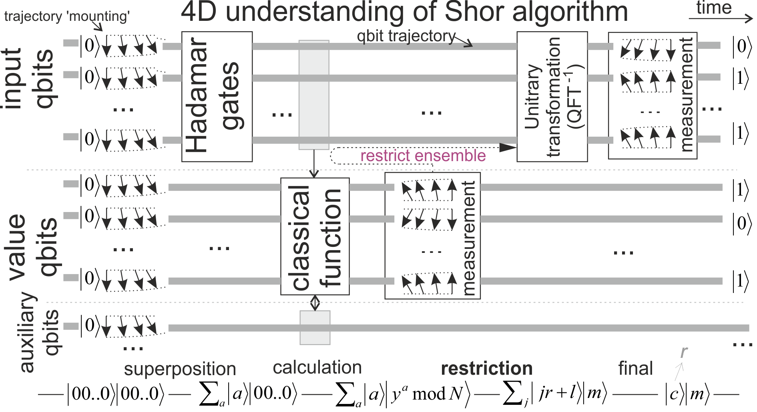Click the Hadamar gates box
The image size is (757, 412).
coord(217,96)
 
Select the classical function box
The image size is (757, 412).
coord(315,236)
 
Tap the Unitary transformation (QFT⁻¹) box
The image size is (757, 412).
coord(552,96)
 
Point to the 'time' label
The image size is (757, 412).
coord(714,8)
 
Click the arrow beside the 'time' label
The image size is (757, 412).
coord(721,18)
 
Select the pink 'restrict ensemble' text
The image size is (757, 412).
coord(423,156)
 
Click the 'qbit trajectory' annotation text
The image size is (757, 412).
coord(406,36)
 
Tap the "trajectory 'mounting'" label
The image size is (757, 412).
coord(67,16)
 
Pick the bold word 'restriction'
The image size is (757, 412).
coord(486,368)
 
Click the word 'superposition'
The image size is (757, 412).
coord(180,369)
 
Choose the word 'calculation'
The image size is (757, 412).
coord(317,368)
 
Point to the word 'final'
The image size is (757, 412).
coord(635,368)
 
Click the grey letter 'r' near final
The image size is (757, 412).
coord(683,352)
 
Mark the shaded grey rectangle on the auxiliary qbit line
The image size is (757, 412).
coord(315,327)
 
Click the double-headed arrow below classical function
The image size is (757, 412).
coord(315,303)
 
